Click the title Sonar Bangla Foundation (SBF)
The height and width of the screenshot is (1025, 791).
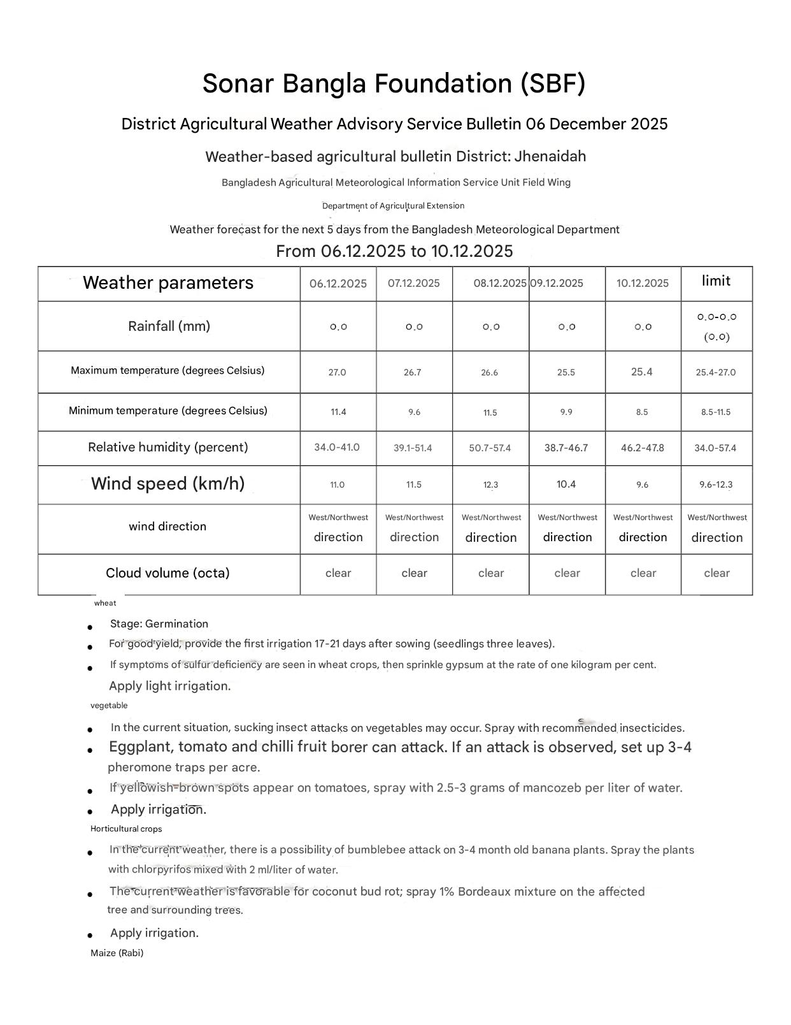click(x=394, y=84)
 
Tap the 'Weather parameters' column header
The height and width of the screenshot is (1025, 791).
click(x=168, y=283)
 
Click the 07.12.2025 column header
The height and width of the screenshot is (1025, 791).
click(x=413, y=283)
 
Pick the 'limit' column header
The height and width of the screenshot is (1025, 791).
click(x=716, y=281)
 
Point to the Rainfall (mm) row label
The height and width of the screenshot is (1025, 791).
click(x=169, y=326)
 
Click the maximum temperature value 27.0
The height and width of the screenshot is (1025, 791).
click(x=337, y=372)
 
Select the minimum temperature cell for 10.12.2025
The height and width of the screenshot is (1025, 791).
click(x=642, y=412)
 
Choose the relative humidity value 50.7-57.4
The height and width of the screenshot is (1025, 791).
click(x=490, y=448)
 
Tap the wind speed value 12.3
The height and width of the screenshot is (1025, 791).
click(x=490, y=485)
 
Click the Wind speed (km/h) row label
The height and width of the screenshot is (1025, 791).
click(x=167, y=484)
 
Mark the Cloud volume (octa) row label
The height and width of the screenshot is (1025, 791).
click(x=167, y=573)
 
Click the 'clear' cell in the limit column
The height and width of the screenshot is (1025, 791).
click(x=716, y=573)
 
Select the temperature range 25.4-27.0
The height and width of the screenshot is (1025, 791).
click(x=715, y=372)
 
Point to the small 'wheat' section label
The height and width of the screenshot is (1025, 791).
click(x=105, y=603)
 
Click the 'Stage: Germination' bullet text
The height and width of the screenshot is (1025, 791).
click(x=159, y=624)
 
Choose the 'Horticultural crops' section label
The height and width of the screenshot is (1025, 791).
click(x=126, y=829)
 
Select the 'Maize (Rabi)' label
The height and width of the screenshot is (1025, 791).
click(x=117, y=953)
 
